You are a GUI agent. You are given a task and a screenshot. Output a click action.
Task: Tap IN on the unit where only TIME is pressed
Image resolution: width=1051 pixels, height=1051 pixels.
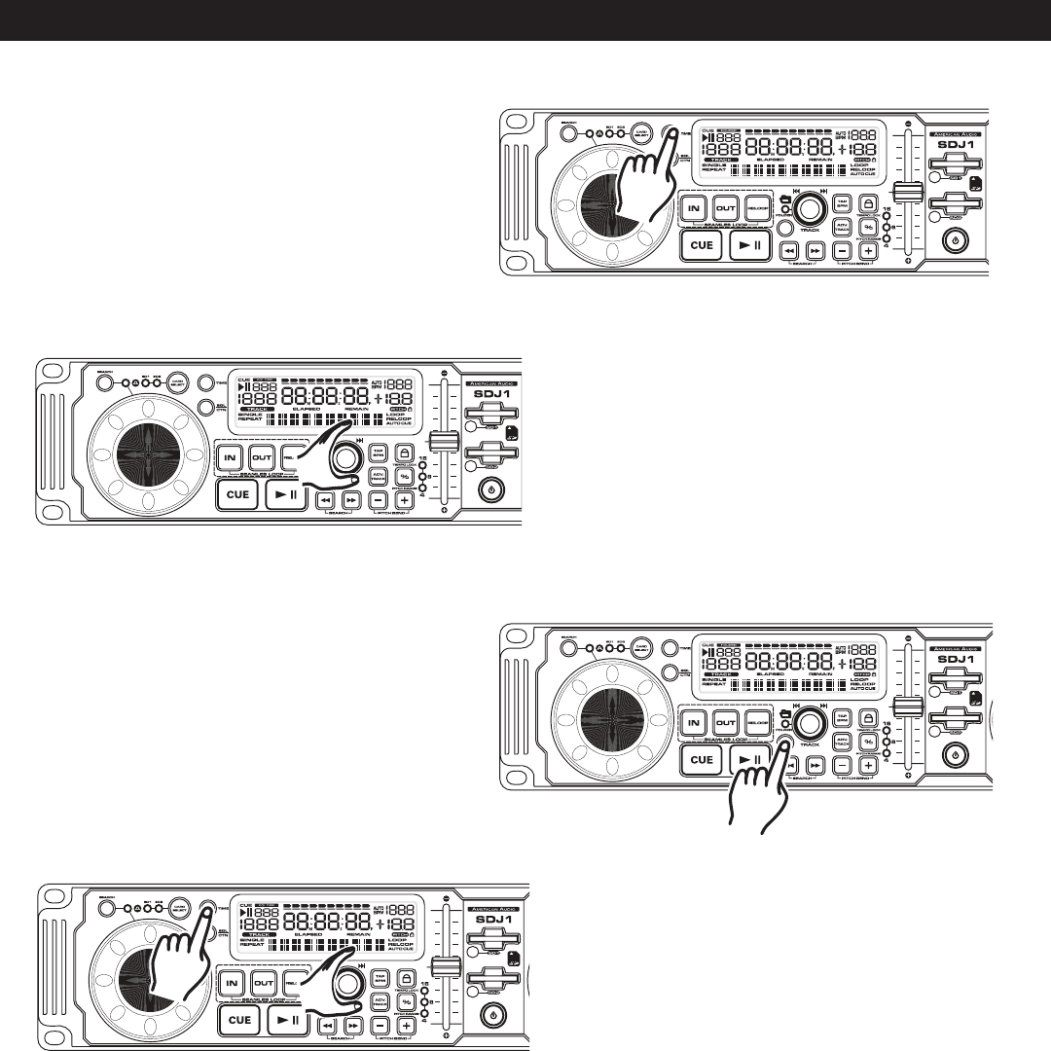(694, 206)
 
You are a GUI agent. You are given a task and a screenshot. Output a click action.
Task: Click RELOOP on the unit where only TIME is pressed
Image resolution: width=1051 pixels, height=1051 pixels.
(756, 206)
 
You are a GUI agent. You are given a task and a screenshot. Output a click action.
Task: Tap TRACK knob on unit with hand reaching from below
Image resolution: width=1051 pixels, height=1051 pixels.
(808, 722)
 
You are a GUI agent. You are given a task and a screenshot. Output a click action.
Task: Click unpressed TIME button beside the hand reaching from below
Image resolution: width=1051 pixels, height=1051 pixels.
(670, 646)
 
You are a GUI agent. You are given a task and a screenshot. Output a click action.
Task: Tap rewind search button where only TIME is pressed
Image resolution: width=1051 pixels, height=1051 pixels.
(790, 250)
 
